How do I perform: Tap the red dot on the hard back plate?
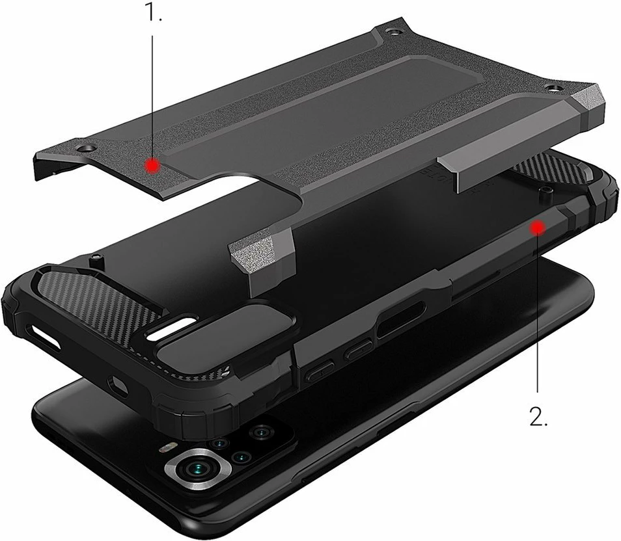pyautogui.click(x=152, y=166)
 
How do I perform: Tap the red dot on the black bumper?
pyautogui.click(x=537, y=227)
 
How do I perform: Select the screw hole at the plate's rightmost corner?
pyautogui.click(x=554, y=86)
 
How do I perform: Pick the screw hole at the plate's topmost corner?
pyautogui.click(x=391, y=31)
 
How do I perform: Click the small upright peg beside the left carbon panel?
pyautogui.click(x=97, y=260)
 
